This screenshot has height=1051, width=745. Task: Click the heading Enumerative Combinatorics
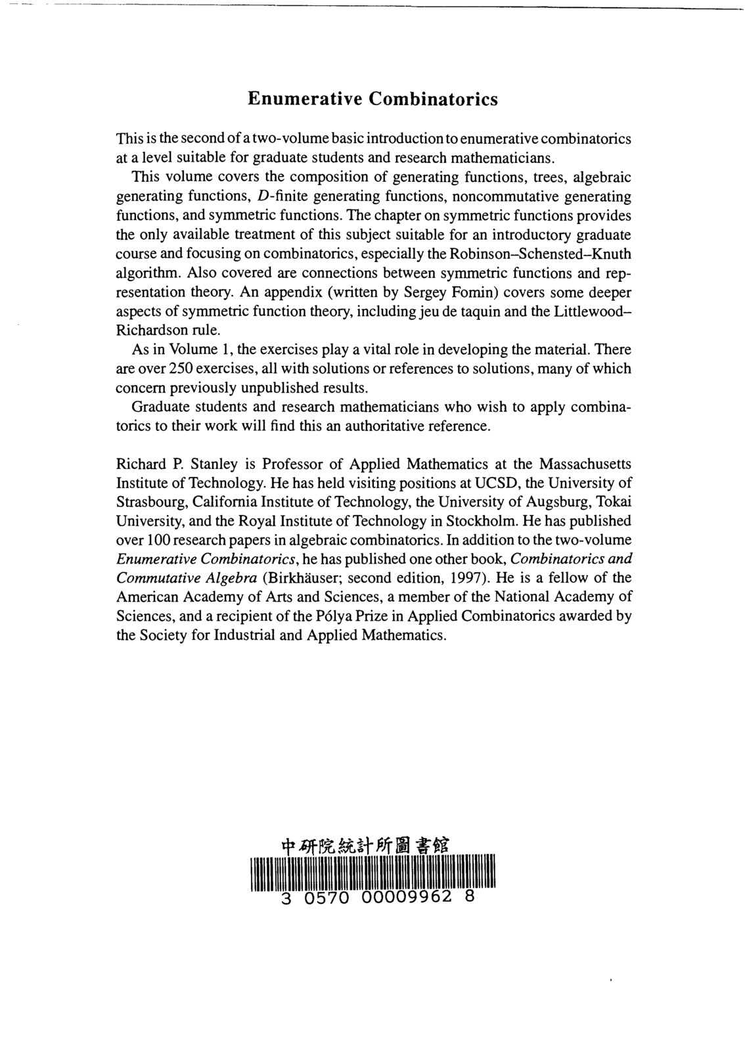[372, 99]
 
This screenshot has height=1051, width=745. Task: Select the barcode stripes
[372, 874]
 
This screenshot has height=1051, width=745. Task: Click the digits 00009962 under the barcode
[406, 897]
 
